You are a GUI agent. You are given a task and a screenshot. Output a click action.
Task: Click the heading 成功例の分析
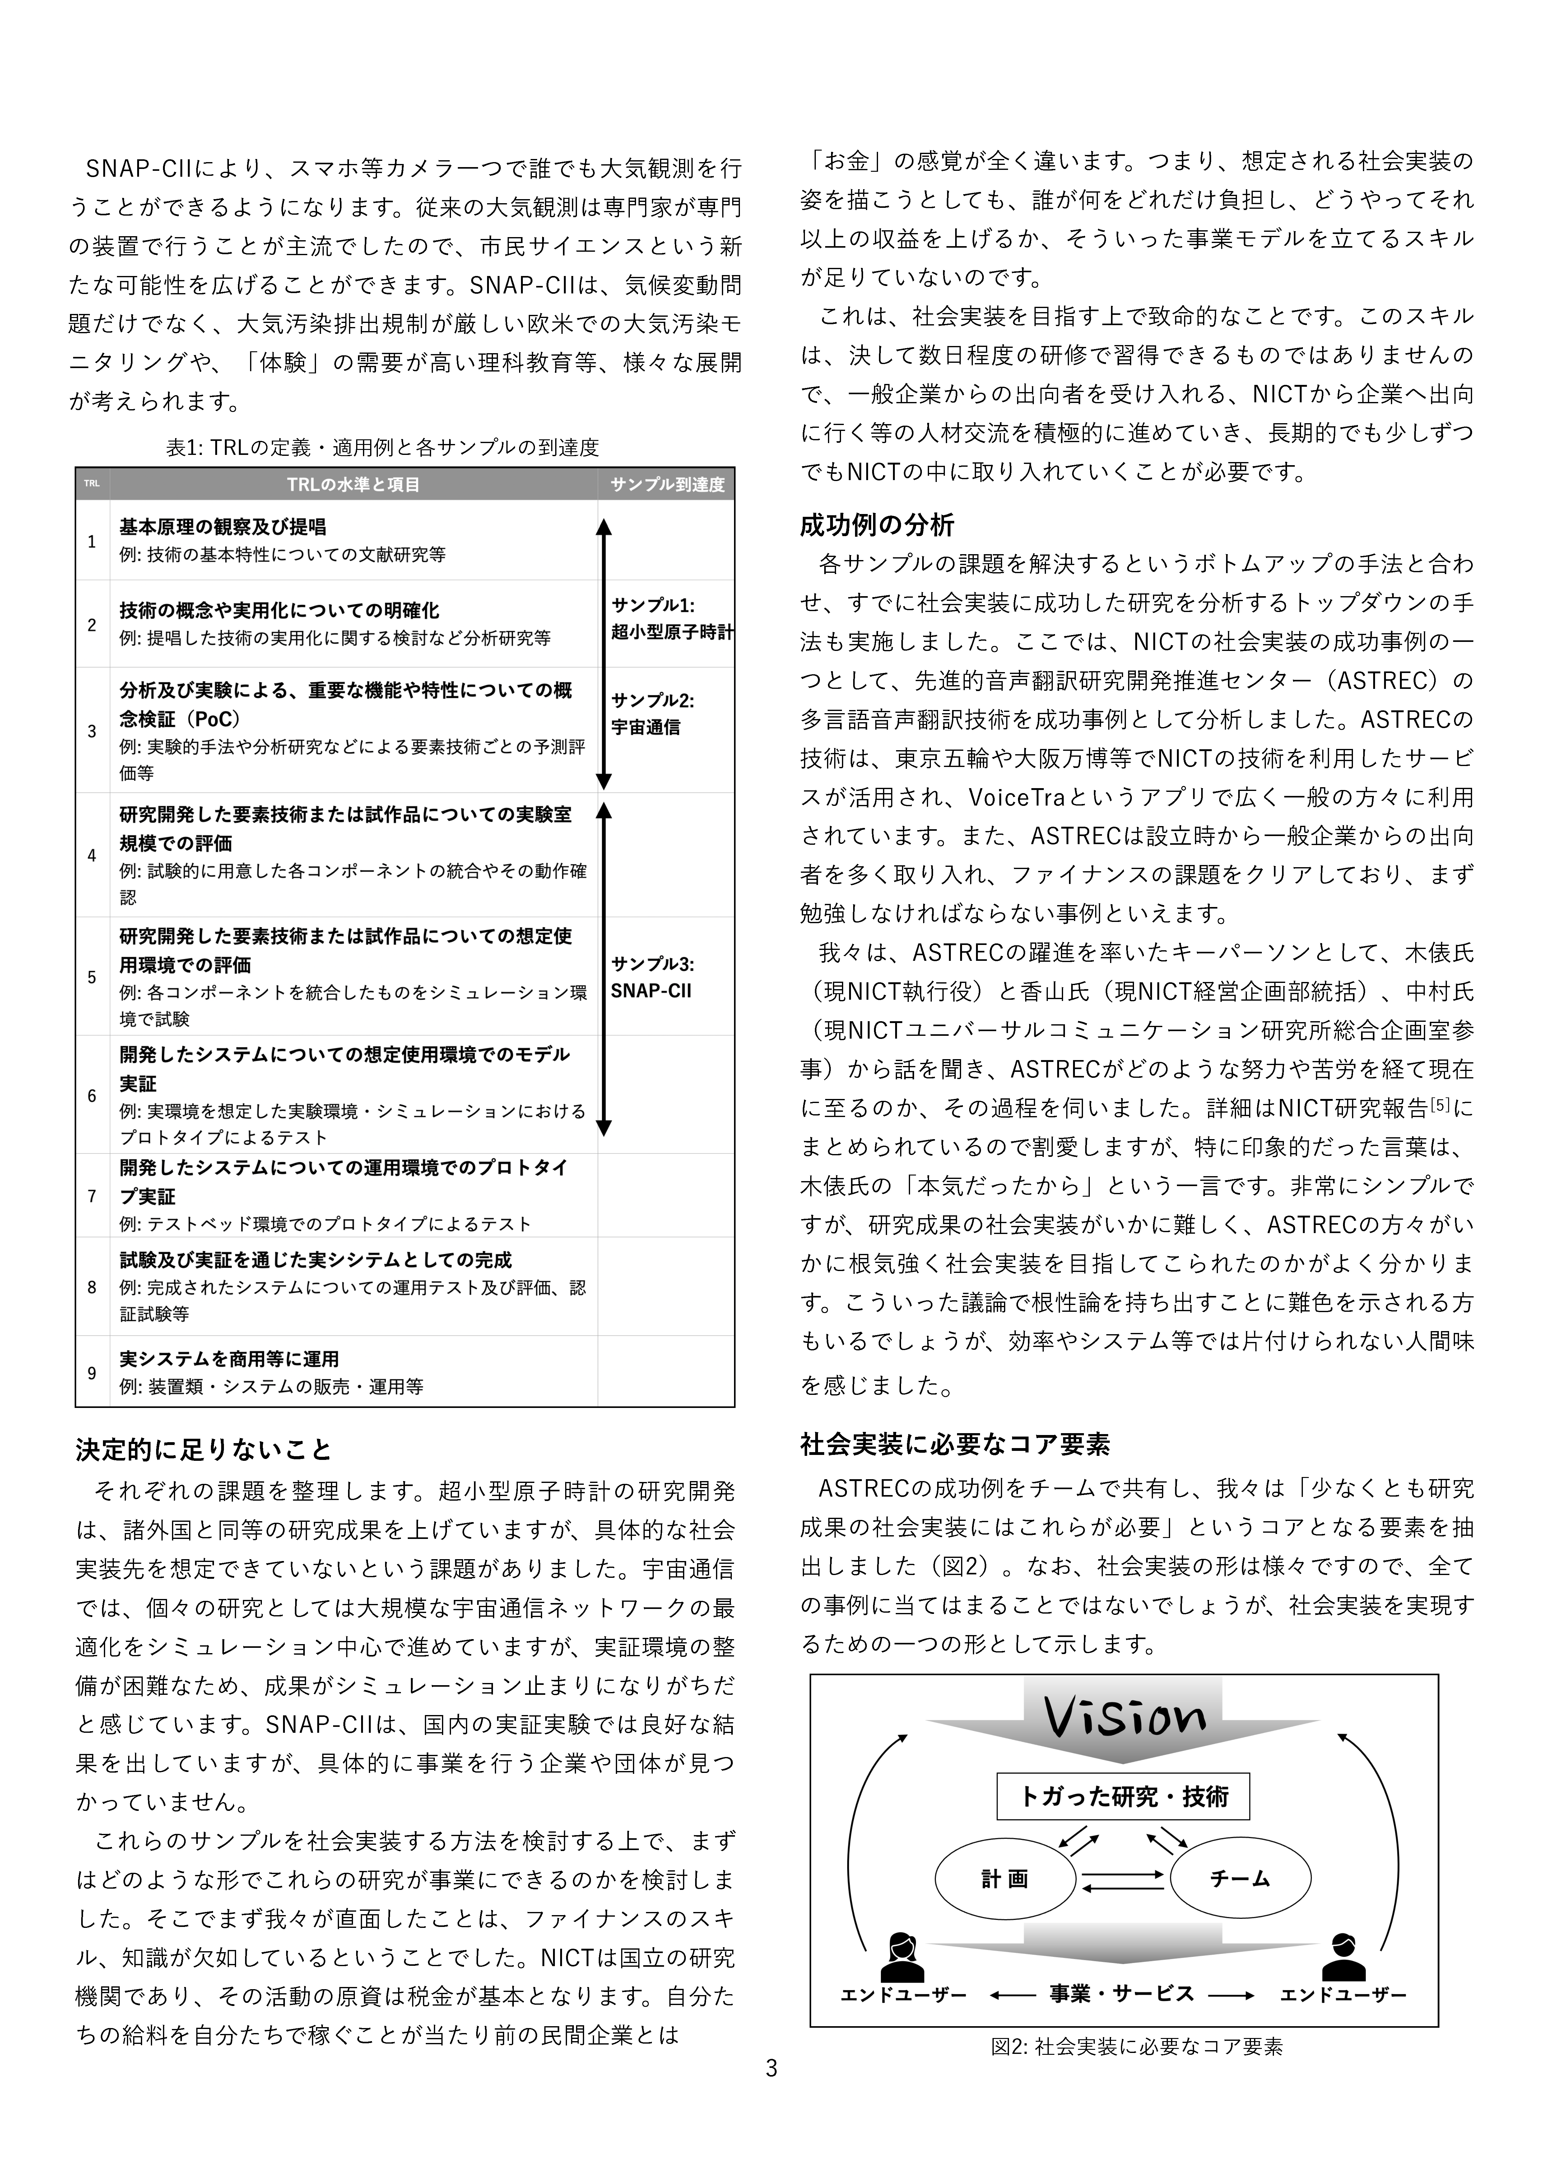pyautogui.click(x=876, y=525)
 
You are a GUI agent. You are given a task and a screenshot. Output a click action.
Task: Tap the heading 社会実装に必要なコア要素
pyautogui.click(x=955, y=1444)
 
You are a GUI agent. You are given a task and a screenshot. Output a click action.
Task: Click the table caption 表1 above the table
pyautogui.click(x=382, y=447)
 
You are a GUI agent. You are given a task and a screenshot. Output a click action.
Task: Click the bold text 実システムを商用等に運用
pyautogui.click(x=229, y=1359)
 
